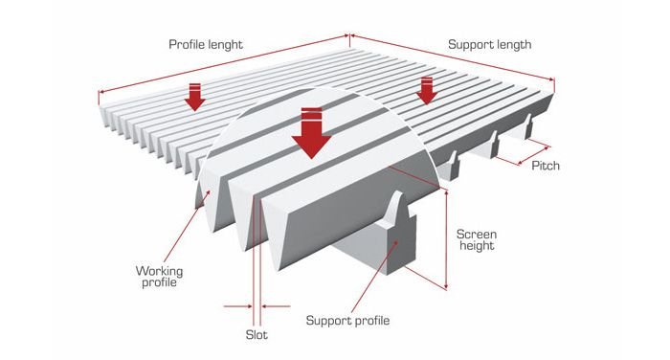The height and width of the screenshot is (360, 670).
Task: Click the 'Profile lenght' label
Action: (x=206, y=45)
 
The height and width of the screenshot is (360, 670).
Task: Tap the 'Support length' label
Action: (x=490, y=45)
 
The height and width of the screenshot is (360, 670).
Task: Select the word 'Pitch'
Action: (x=546, y=166)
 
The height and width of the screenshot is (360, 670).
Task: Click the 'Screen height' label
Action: (x=477, y=240)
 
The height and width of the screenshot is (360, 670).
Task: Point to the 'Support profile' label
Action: (x=347, y=321)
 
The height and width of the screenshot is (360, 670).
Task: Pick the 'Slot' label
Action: (x=257, y=335)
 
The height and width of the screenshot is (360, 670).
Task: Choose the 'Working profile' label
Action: (x=159, y=277)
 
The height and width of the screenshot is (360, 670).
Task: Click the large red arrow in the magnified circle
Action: (x=311, y=133)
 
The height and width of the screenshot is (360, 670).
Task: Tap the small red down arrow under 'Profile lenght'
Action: (x=195, y=97)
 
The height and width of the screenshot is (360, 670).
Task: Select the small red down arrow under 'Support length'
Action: (x=426, y=91)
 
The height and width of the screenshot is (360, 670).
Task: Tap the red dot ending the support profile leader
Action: (x=396, y=242)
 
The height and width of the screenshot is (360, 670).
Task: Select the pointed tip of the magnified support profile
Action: (x=398, y=192)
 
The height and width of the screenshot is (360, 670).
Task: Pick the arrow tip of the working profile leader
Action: (x=209, y=192)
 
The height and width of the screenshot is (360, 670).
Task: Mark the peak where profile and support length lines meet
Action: (x=349, y=36)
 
